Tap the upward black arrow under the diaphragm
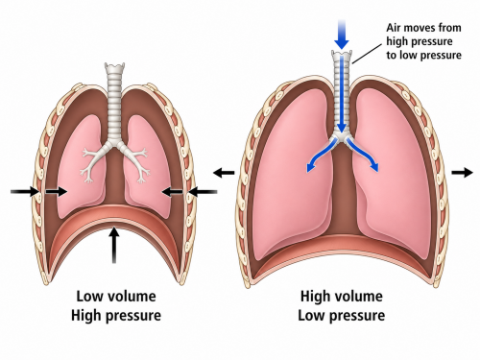114,245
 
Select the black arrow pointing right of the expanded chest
462,173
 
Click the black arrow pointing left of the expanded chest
224,173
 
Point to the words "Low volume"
116,296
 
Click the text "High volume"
342,296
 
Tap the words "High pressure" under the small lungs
116,316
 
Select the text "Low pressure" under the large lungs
342,316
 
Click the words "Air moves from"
423,28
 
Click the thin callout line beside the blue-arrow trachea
367,54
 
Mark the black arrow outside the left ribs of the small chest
25,192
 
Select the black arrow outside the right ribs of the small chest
203,192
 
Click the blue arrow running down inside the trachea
342,94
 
